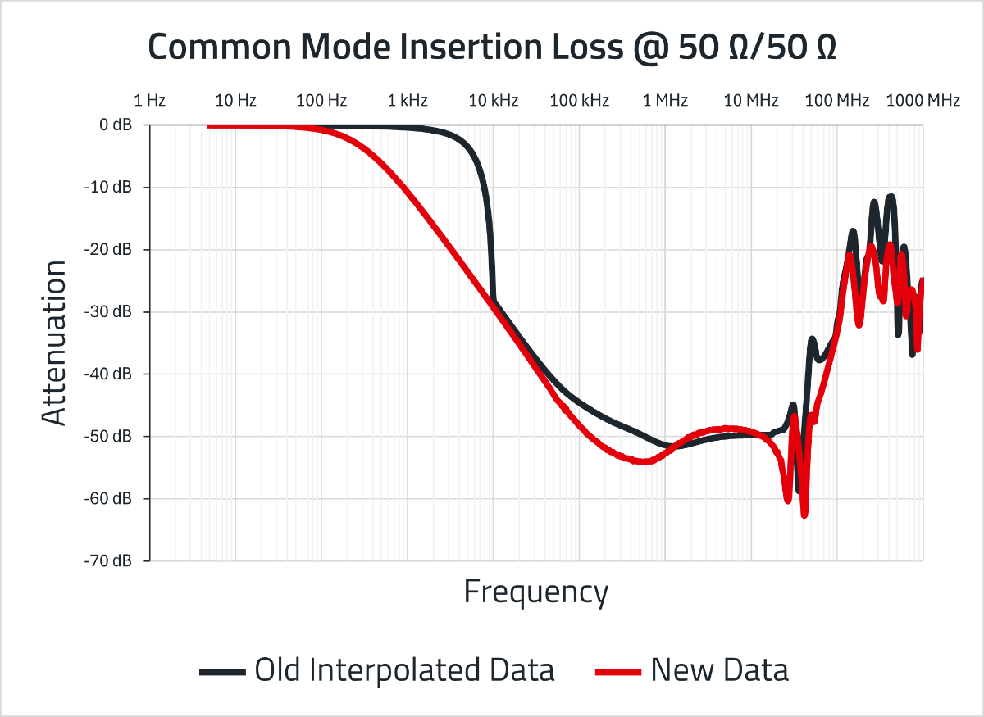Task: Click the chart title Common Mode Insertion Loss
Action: pyautogui.click(x=492, y=48)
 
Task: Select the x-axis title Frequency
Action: pyautogui.click(x=536, y=591)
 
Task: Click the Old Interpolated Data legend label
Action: pyautogui.click(x=404, y=670)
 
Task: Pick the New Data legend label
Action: pyautogui.click(x=719, y=670)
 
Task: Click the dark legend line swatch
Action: pyautogui.click(x=223, y=672)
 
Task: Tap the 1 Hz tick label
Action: pyautogui.click(x=149, y=101)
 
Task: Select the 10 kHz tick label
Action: pyautogui.click(x=494, y=101)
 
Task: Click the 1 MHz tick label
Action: pyautogui.click(x=665, y=101)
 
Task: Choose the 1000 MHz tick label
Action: pyautogui.click(x=923, y=101)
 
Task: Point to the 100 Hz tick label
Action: pyautogui.click(x=321, y=101)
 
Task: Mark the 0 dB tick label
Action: pyautogui.click(x=116, y=125)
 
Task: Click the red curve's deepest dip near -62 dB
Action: pyautogui.click(x=804, y=514)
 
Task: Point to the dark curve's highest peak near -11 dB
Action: pyautogui.click(x=891, y=197)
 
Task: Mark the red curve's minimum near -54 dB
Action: pyautogui.click(x=645, y=461)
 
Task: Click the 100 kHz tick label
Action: pyautogui.click(x=579, y=101)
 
